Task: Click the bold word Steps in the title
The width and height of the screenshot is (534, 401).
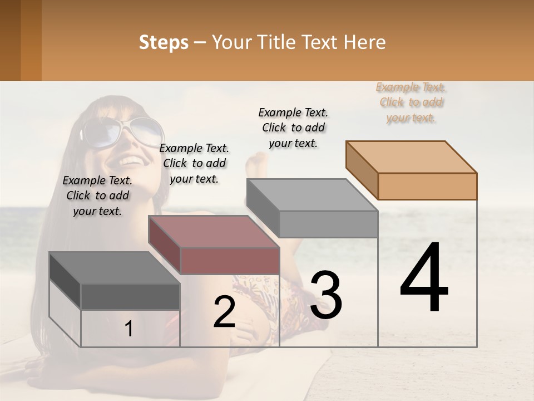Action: pyautogui.click(x=164, y=42)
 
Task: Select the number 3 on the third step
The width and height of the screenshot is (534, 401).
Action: pyautogui.click(x=326, y=295)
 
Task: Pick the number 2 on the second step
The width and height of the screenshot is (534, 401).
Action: pyautogui.click(x=224, y=312)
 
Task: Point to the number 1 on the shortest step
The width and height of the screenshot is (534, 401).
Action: pyautogui.click(x=129, y=329)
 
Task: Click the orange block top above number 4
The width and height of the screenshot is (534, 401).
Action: pyautogui.click(x=412, y=157)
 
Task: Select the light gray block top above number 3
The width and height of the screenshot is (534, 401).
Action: pyautogui.click(x=312, y=195)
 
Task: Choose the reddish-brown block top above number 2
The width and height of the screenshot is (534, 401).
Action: pyautogui.click(x=214, y=231)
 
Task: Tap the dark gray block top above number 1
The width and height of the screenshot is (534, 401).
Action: pyautogui.click(x=115, y=267)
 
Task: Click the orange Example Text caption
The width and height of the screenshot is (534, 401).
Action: pyautogui.click(x=412, y=102)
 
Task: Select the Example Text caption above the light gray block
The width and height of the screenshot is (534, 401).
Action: pyautogui.click(x=293, y=128)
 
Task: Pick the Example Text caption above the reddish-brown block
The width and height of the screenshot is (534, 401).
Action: pyautogui.click(x=194, y=163)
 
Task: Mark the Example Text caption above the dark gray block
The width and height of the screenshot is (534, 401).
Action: pyautogui.click(x=97, y=195)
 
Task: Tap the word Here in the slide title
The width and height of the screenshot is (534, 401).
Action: pyautogui.click(x=365, y=42)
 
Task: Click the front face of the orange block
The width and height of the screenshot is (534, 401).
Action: pyautogui.click(x=427, y=186)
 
